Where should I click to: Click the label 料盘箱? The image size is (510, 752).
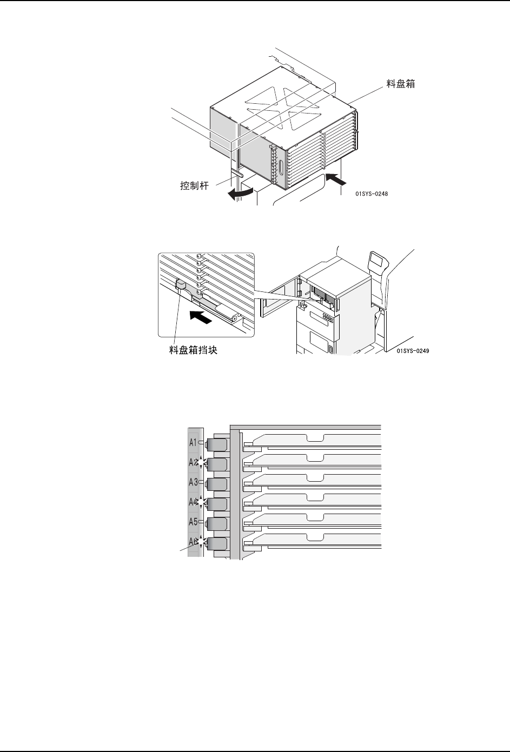click(x=401, y=84)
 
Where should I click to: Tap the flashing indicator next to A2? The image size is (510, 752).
click(x=202, y=463)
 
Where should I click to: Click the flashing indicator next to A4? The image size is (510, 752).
click(x=202, y=502)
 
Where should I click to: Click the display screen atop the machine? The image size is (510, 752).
click(x=379, y=261)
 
